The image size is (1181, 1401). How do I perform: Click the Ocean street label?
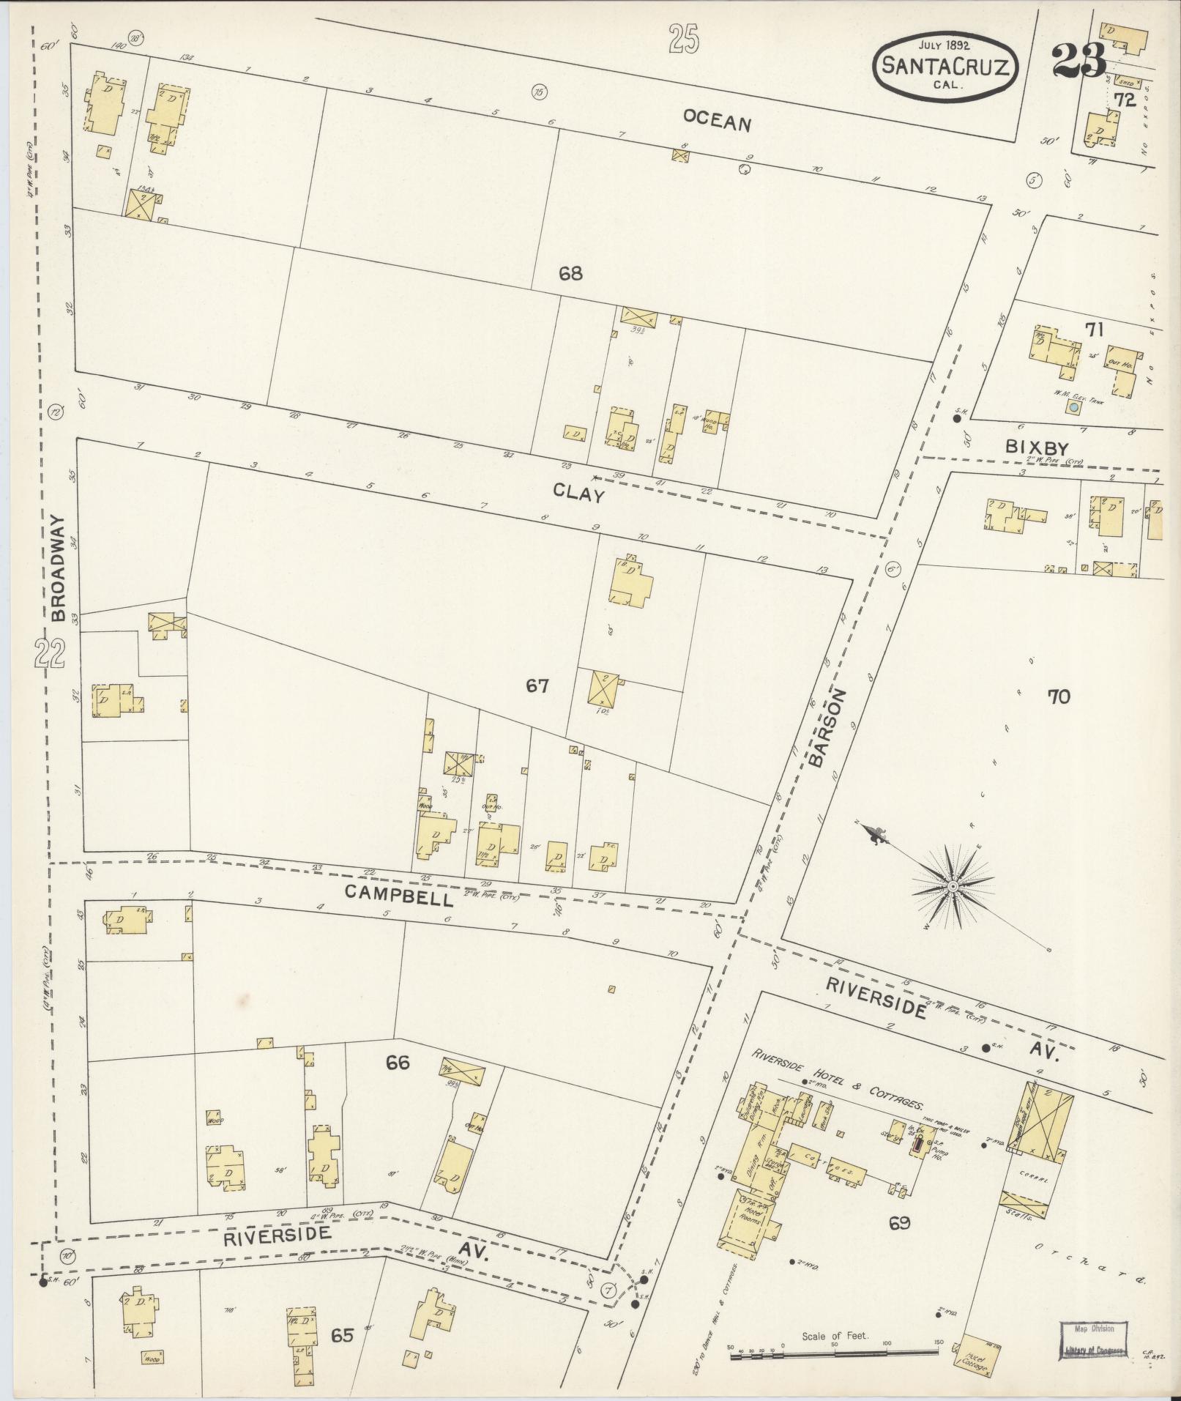point(717,120)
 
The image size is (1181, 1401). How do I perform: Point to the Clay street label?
point(578,494)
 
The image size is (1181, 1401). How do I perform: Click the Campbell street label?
point(388,894)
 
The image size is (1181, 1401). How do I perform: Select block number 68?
point(570,274)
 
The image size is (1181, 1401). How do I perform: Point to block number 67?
point(537,686)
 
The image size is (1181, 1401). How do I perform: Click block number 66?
point(398,1062)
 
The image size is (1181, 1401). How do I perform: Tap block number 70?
point(1059,696)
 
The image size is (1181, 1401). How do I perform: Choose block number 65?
point(342,1335)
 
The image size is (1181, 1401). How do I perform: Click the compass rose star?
point(953,887)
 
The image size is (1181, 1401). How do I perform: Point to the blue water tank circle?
point(1073,406)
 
